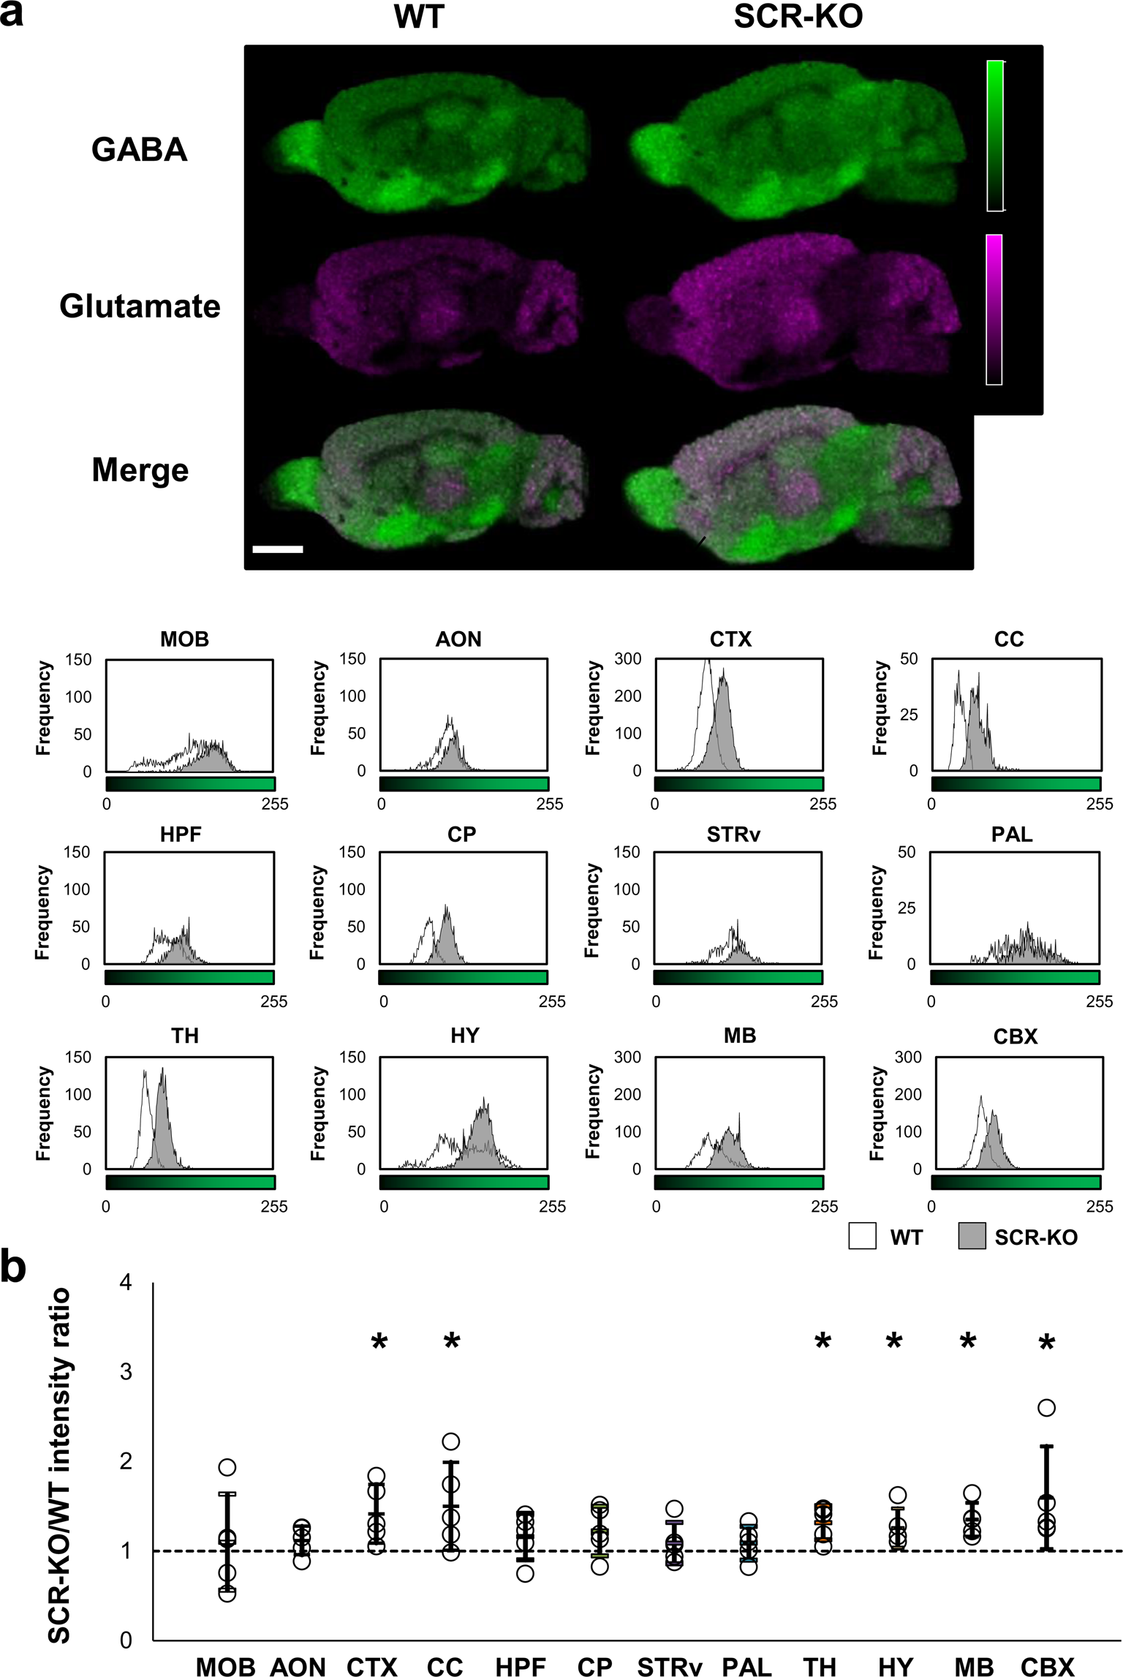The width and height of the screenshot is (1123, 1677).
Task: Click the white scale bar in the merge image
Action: pyautogui.click(x=277, y=549)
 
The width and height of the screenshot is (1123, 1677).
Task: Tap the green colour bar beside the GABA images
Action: pyautogui.click(x=994, y=136)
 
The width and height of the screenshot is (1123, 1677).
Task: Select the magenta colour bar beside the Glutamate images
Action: pyautogui.click(x=994, y=309)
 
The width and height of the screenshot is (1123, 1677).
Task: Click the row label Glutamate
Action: pyautogui.click(x=140, y=306)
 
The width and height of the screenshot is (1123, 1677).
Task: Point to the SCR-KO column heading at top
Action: pyautogui.click(x=798, y=17)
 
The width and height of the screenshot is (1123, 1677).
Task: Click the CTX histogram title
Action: pyautogui.click(x=730, y=639)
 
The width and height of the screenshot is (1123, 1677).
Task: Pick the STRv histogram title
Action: pyautogui.click(x=733, y=834)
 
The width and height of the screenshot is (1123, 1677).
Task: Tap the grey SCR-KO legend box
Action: pyautogui.click(x=972, y=1236)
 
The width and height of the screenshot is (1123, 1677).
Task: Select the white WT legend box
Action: pyautogui.click(x=863, y=1236)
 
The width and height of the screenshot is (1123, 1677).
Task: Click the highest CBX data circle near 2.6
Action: pyautogui.click(x=1047, y=1408)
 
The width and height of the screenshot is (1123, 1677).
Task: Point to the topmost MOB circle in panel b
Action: pyautogui.click(x=227, y=1467)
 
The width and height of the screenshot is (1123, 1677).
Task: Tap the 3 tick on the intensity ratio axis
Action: pyautogui.click(x=126, y=1371)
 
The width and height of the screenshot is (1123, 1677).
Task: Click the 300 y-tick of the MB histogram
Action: pyautogui.click(x=627, y=1057)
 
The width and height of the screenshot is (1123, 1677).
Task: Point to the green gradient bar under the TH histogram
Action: pyautogui.click(x=190, y=1183)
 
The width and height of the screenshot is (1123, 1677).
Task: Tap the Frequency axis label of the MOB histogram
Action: pyautogui.click(x=44, y=708)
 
